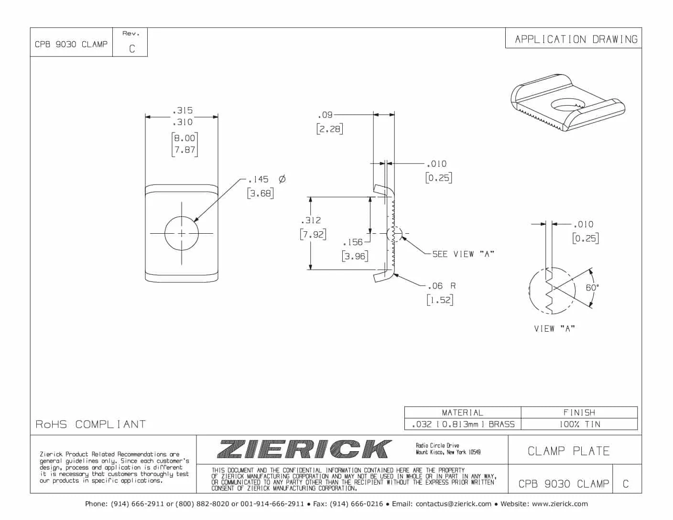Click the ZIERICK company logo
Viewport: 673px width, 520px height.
(x=304, y=449)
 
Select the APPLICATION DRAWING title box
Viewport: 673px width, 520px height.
(x=576, y=39)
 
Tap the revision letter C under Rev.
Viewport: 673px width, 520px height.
(x=132, y=49)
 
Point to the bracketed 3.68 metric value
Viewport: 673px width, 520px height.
(x=261, y=194)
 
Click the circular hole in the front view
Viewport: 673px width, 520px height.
(x=182, y=233)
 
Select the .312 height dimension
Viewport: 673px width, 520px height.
(x=311, y=220)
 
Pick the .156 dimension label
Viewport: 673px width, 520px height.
(x=353, y=242)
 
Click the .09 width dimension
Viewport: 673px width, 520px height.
(x=325, y=115)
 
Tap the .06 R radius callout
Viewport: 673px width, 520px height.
(x=441, y=286)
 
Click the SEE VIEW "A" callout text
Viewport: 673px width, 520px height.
(x=463, y=254)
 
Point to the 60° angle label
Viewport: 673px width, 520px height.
(x=592, y=288)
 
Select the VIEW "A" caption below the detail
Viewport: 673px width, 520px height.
(x=554, y=329)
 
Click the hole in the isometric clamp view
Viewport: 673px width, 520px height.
(x=566, y=105)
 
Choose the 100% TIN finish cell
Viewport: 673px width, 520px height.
(x=579, y=424)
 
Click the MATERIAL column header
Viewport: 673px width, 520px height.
(x=462, y=412)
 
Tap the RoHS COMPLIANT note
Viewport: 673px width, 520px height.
(x=91, y=424)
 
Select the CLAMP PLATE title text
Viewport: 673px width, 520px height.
(x=569, y=451)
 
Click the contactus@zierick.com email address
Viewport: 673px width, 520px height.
(x=454, y=504)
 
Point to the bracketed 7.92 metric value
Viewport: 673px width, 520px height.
(x=313, y=235)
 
